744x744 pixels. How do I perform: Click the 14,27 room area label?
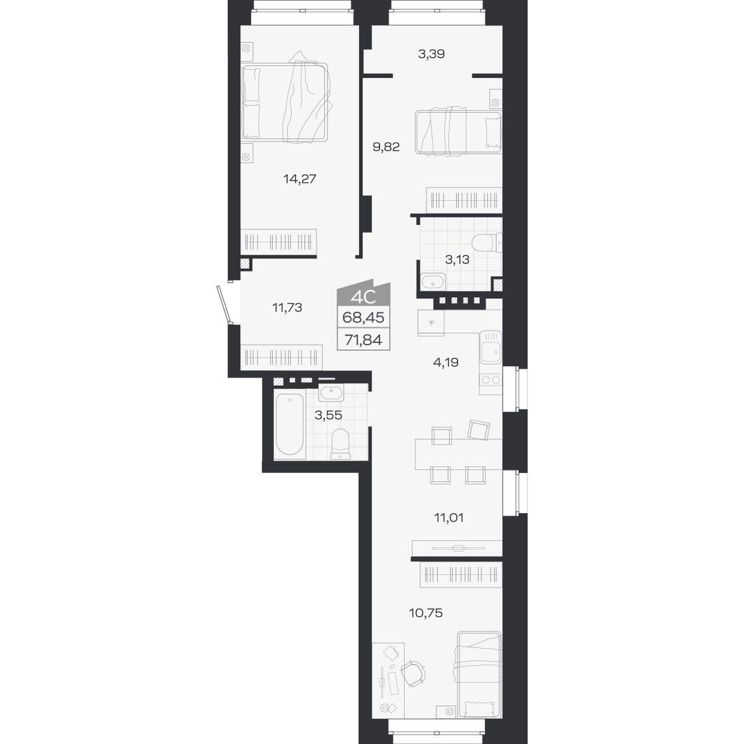pos(299,179)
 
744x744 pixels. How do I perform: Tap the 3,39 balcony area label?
pos(432,54)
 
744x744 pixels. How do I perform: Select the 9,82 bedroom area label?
pos(386,147)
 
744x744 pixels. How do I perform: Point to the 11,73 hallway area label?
pos(287,308)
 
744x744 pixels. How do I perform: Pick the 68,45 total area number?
pos(363,318)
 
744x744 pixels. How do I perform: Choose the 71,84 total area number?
pos(363,340)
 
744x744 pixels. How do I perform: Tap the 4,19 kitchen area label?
pos(446,363)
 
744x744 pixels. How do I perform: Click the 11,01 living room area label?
pos(449,518)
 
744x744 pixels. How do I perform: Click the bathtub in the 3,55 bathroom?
pos(290,424)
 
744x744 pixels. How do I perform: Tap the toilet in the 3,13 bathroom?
pos(487,243)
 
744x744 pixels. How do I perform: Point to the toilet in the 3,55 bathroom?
pos(340,444)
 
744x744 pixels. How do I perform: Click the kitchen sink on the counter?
pos(490,347)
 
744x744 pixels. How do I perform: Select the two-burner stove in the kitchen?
pos(490,380)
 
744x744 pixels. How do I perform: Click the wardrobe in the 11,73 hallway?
pos(281,358)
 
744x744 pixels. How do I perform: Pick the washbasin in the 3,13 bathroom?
pos(433,281)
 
